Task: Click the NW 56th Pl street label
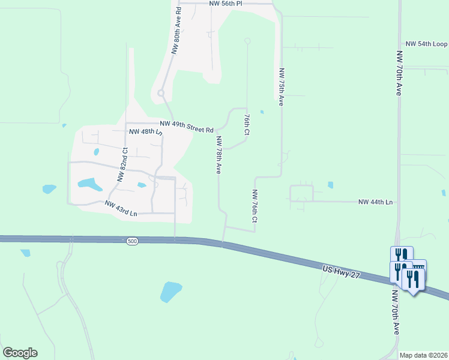pos(226,4)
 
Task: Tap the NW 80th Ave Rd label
pos(176,29)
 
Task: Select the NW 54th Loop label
pos(426,44)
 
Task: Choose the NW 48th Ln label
pos(145,131)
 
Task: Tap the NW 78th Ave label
pos(219,155)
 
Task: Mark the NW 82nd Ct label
pos(122,164)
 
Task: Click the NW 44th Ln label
pos(375,203)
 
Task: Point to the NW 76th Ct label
pos(255,207)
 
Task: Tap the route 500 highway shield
pos(132,241)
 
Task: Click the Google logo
pos(20,353)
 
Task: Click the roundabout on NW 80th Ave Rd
pos(161,93)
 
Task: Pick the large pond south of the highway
pos(170,292)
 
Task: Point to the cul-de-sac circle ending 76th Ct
pos(247,41)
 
